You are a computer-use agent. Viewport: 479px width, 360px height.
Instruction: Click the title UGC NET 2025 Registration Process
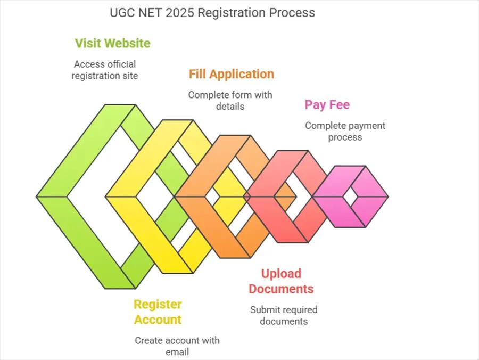point(212,12)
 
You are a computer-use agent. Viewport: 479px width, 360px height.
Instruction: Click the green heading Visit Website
point(112,43)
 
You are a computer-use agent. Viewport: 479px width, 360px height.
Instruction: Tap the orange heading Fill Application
point(231,74)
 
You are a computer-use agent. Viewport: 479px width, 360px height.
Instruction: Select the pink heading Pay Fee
point(327,104)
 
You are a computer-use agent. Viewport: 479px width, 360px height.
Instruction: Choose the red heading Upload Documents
point(281,281)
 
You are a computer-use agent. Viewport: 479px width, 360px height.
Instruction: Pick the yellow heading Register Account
point(158,312)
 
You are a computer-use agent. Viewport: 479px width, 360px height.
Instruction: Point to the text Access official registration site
point(105,70)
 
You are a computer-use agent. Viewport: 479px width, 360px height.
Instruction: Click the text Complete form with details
point(230,100)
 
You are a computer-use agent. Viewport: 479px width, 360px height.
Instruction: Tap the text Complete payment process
point(345,132)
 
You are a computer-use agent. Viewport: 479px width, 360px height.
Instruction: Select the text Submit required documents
point(284,315)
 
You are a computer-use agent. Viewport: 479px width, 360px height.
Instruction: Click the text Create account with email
point(177,346)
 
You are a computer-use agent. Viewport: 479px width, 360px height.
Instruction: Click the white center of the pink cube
point(350,197)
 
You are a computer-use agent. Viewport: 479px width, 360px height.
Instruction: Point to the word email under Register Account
point(177,352)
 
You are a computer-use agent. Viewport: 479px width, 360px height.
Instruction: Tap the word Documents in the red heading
point(281,289)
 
